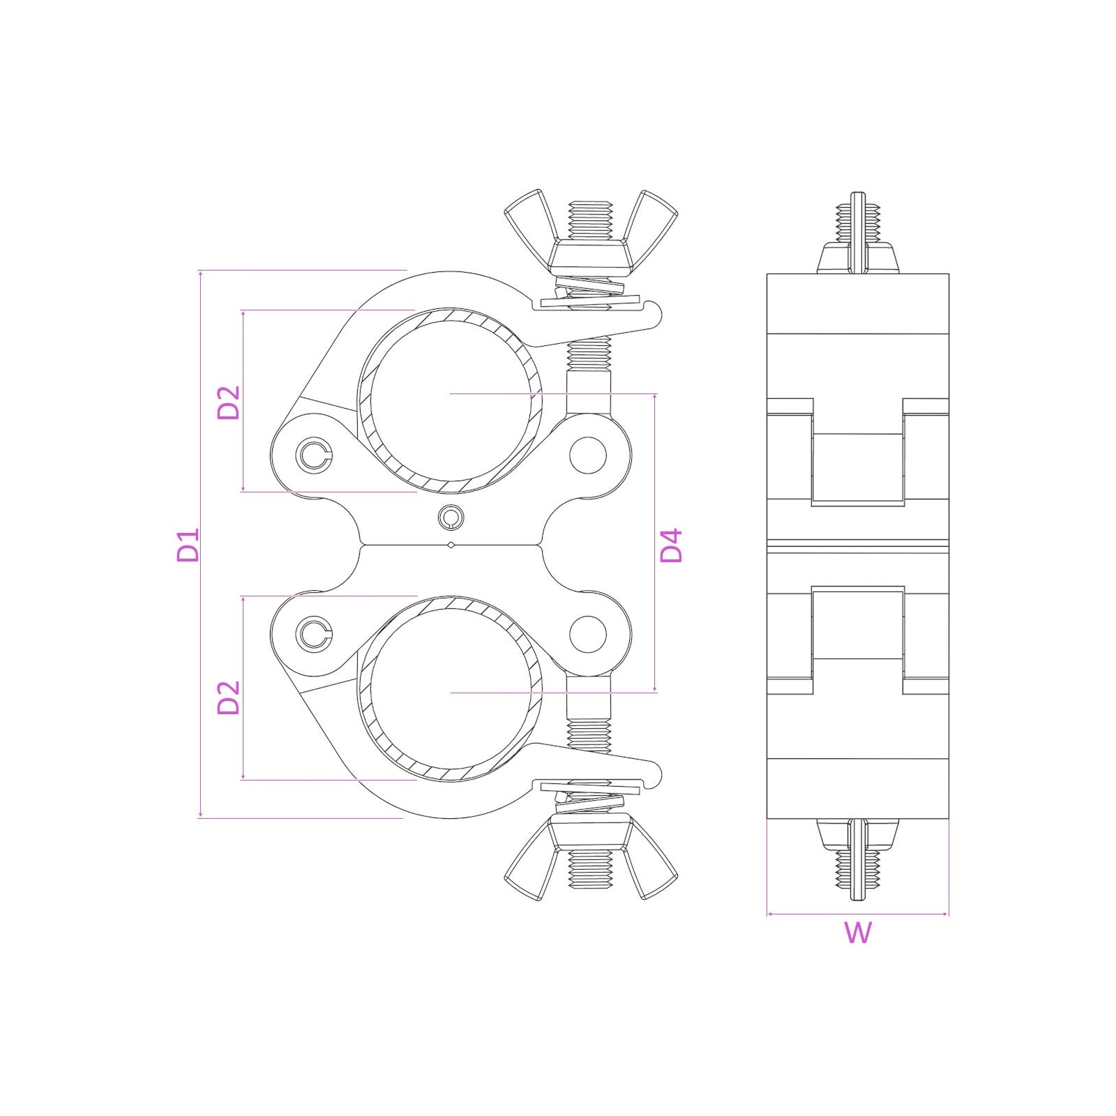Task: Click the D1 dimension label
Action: tap(188, 545)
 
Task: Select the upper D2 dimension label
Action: tap(228, 402)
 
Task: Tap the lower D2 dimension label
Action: tap(228, 697)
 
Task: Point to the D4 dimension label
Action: tap(672, 545)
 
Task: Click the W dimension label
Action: tap(858, 933)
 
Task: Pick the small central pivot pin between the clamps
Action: tap(451, 517)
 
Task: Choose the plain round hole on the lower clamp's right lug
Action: tap(587, 633)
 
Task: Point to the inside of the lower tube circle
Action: tap(450, 691)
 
